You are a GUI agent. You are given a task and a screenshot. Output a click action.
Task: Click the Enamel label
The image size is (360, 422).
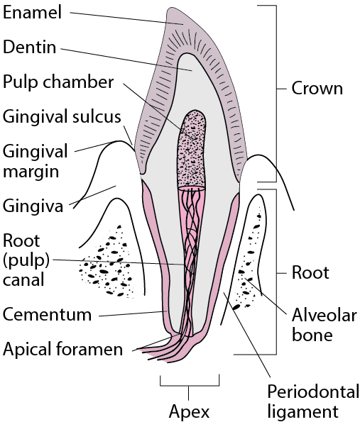coord(33,12)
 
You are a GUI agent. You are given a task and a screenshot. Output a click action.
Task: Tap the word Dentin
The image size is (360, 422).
coord(30,47)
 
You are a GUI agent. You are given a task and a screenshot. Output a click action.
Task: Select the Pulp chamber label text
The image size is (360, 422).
coord(58,82)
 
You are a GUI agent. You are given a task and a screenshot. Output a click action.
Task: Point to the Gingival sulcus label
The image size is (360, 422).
coord(62,117)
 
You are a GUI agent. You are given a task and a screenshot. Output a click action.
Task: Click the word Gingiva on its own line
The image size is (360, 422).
coord(33,206)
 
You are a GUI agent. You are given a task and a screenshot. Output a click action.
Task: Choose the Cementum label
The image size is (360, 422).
coord(47,314)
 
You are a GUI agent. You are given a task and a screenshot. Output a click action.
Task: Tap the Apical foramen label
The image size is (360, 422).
coord(62,349)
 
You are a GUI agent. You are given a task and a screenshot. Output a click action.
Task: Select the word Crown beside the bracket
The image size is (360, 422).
coord(317,88)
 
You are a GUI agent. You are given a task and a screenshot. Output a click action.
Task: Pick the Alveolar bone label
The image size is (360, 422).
coord(324,325)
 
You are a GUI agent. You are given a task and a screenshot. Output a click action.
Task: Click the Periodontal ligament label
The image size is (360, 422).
coord(313,401)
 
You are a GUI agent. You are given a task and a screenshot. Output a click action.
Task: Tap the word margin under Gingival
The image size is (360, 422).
coord(31,172)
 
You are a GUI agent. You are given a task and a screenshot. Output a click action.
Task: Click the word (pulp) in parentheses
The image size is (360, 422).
coord(26,260)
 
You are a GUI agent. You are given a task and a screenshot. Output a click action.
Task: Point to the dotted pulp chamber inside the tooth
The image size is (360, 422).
coord(192,150)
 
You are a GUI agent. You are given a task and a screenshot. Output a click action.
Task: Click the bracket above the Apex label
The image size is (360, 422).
coord(190,386)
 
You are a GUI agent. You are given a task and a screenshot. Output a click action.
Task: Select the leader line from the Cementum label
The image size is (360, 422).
coord(133,313)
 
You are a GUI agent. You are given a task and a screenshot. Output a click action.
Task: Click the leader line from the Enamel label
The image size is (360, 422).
coord(126,18)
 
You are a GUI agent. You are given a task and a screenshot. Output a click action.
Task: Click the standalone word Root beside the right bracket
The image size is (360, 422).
coord(310,272)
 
